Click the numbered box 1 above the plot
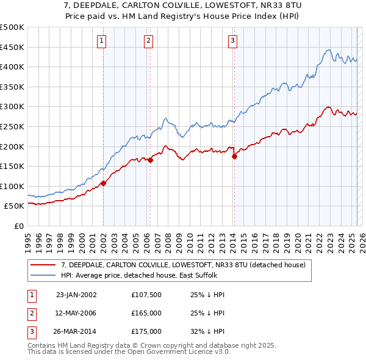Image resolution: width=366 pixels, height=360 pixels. pyautogui.click(x=101, y=41)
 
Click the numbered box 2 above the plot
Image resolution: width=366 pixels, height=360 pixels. pyautogui.click(x=149, y=41)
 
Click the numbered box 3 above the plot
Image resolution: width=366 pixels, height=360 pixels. pyautogui.click(x=232, y=41)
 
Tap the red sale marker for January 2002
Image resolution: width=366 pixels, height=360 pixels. pyautogui.click(x=104, y=182)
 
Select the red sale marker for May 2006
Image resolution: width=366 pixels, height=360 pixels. pyautogui.click(x=150, y=160)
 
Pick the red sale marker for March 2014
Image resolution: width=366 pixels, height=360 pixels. pyautogui.click(x=235, y=156)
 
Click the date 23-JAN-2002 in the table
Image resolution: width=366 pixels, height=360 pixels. pyautogui.click(x=76, y=295)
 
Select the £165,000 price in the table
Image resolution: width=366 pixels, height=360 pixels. pyautogui.click(x=146, y=313)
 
